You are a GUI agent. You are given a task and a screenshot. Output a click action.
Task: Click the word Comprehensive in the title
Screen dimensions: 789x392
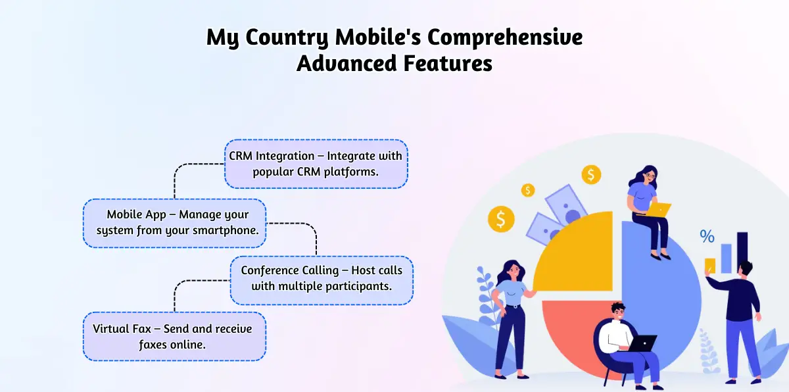[505, 37]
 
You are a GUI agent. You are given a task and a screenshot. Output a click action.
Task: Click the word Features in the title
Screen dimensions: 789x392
[448, 63]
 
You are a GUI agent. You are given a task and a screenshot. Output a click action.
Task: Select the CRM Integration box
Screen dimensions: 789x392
[316, 164]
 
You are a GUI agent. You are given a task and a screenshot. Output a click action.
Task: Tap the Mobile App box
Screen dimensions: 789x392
[174, 223]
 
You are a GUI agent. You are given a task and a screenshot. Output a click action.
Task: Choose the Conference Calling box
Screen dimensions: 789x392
[322, 280]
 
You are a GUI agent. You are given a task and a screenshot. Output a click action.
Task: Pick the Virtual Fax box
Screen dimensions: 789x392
[174, 336]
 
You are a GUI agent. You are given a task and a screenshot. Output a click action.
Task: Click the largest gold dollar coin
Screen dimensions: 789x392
[501, 219]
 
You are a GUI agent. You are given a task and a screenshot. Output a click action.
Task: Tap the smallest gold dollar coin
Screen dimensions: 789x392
[527, 190]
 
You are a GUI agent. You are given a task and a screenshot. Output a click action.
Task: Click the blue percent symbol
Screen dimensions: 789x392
[707, 236]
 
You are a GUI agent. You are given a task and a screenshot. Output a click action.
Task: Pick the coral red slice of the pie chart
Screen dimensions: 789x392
[567, 324]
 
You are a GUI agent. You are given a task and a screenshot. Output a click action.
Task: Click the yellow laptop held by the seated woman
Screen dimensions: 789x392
[658, 210]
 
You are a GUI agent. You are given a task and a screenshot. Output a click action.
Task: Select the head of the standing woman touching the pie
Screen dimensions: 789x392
[512, 270]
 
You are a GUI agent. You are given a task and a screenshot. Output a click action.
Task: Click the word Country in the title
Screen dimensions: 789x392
[287, 37]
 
